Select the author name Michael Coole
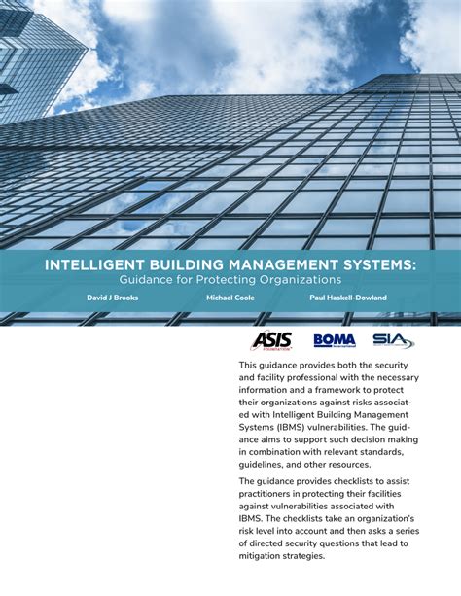coord(230,298)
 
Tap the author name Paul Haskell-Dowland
coord(348,298)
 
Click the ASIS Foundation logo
coord(271,340)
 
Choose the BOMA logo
coord(334,340)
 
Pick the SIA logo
coord(393,340)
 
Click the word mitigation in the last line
coord(271,556)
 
